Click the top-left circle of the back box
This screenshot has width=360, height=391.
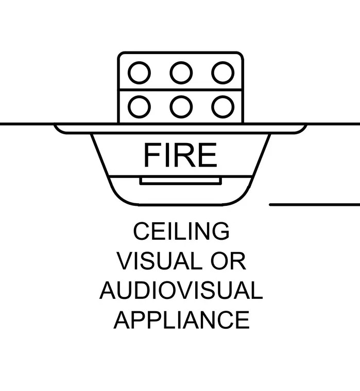[x=139, y=62]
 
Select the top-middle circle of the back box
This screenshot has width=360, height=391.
[x=181, y=62]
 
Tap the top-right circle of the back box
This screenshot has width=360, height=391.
[x=222, y=62]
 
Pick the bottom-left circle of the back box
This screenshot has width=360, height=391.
[x=139, y=96]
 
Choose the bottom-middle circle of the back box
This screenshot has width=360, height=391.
[x=181, y=96]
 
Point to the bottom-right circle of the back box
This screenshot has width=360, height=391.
[x=222, y=96]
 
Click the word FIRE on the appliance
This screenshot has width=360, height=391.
[x=180, y=155]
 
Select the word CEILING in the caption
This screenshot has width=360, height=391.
[x=181, y=231]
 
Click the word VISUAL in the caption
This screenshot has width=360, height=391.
[x=159, y=261]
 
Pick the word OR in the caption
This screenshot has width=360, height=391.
[x=228, y=261]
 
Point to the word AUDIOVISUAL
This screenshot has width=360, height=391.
[x=181, y=290]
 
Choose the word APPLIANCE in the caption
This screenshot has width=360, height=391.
[x=182, y=320]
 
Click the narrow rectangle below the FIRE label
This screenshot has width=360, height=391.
[x=180, y=184]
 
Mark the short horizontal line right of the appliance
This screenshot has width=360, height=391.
[x=315, y=205]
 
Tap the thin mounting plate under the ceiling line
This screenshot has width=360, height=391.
[x=180, y=133]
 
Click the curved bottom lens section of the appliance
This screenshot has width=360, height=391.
[x=180, y=204]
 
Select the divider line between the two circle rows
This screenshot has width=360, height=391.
[x=180, y=90]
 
